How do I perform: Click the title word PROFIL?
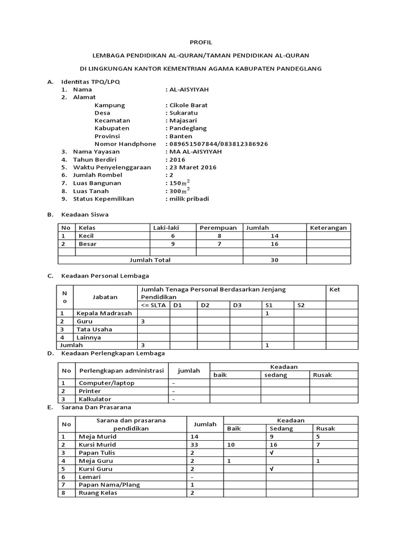[200, 42]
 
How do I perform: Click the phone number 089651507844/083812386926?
[218, 143]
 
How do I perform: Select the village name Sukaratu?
[183, 113]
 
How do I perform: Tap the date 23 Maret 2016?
[192, 167]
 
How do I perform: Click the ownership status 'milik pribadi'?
[188, 198]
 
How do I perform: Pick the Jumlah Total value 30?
[274, 260]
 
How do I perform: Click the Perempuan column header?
[218, 228]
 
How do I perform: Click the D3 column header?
[237, 305]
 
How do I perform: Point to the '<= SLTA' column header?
[152, 305]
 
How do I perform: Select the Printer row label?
[90, 391]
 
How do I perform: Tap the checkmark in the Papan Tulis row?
[271, 452]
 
